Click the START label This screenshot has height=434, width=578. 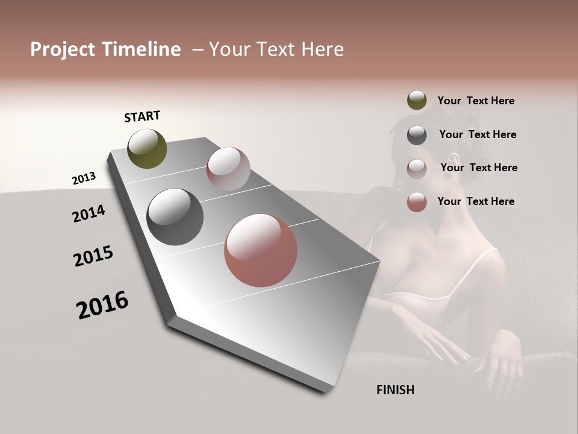coord(142,116)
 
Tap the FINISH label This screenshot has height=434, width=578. coord(395,390)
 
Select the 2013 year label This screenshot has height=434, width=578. coord(84,178)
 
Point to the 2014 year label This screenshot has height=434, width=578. coord(89,214)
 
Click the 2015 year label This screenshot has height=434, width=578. coord(93,256)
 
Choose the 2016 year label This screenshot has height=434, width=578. coord(102,305)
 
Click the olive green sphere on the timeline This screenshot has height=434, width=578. coord(147,149)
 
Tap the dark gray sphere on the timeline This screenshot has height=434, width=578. coord(175,217)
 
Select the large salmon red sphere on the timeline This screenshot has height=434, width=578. coord(261,250)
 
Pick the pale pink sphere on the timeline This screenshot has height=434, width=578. coord(228,169)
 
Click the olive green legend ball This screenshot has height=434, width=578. coord(417,101)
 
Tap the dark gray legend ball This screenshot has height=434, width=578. coord(417,135)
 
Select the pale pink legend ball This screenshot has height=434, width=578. coord(417,168)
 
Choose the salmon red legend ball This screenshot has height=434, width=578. coord(417,202)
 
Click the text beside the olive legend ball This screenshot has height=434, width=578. coord(476,101)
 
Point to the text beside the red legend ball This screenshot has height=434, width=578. coord(476,201)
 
